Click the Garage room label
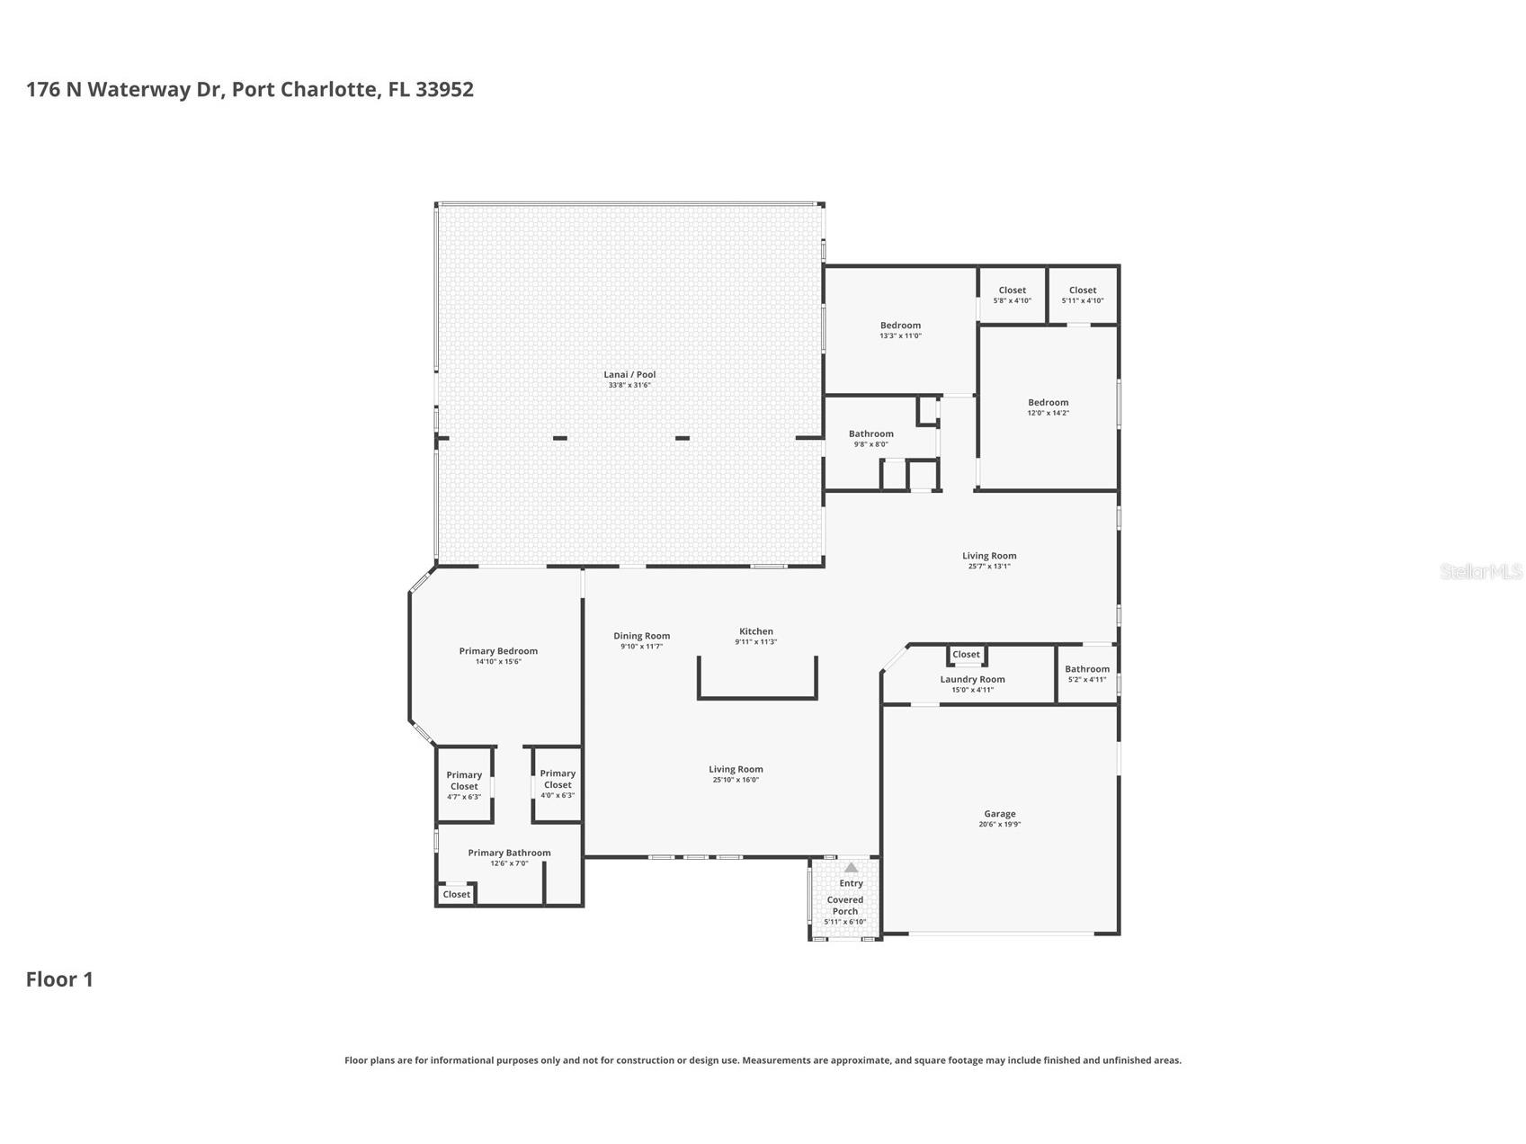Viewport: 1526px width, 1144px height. tap(999, 814)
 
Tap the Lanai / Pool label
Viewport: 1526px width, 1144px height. tap(629, 375)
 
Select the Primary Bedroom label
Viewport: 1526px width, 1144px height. tap(498, 651)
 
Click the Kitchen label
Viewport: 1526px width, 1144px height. tap(755, 631)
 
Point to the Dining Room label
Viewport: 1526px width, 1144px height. tap(641, 636)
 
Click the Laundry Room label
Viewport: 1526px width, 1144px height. tap(972, 679)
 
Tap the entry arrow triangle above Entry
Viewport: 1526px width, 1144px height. tap(851, 868)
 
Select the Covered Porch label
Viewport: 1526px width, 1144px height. tap(844, 905)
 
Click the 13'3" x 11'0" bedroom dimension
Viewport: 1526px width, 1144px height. tap(900, 336)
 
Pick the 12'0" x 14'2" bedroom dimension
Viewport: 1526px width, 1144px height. tap(1048, 414)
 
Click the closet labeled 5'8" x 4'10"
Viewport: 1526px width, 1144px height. tap(1012, 295)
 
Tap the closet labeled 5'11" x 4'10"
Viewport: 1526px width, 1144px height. tap(1082, 295)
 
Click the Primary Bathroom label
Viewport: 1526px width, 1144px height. tap(509, 853)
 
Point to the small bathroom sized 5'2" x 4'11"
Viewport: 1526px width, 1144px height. tap(1086, 674)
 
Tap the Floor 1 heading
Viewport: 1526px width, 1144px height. tap(59, 979)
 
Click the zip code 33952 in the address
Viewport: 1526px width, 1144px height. tap(444, 89)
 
